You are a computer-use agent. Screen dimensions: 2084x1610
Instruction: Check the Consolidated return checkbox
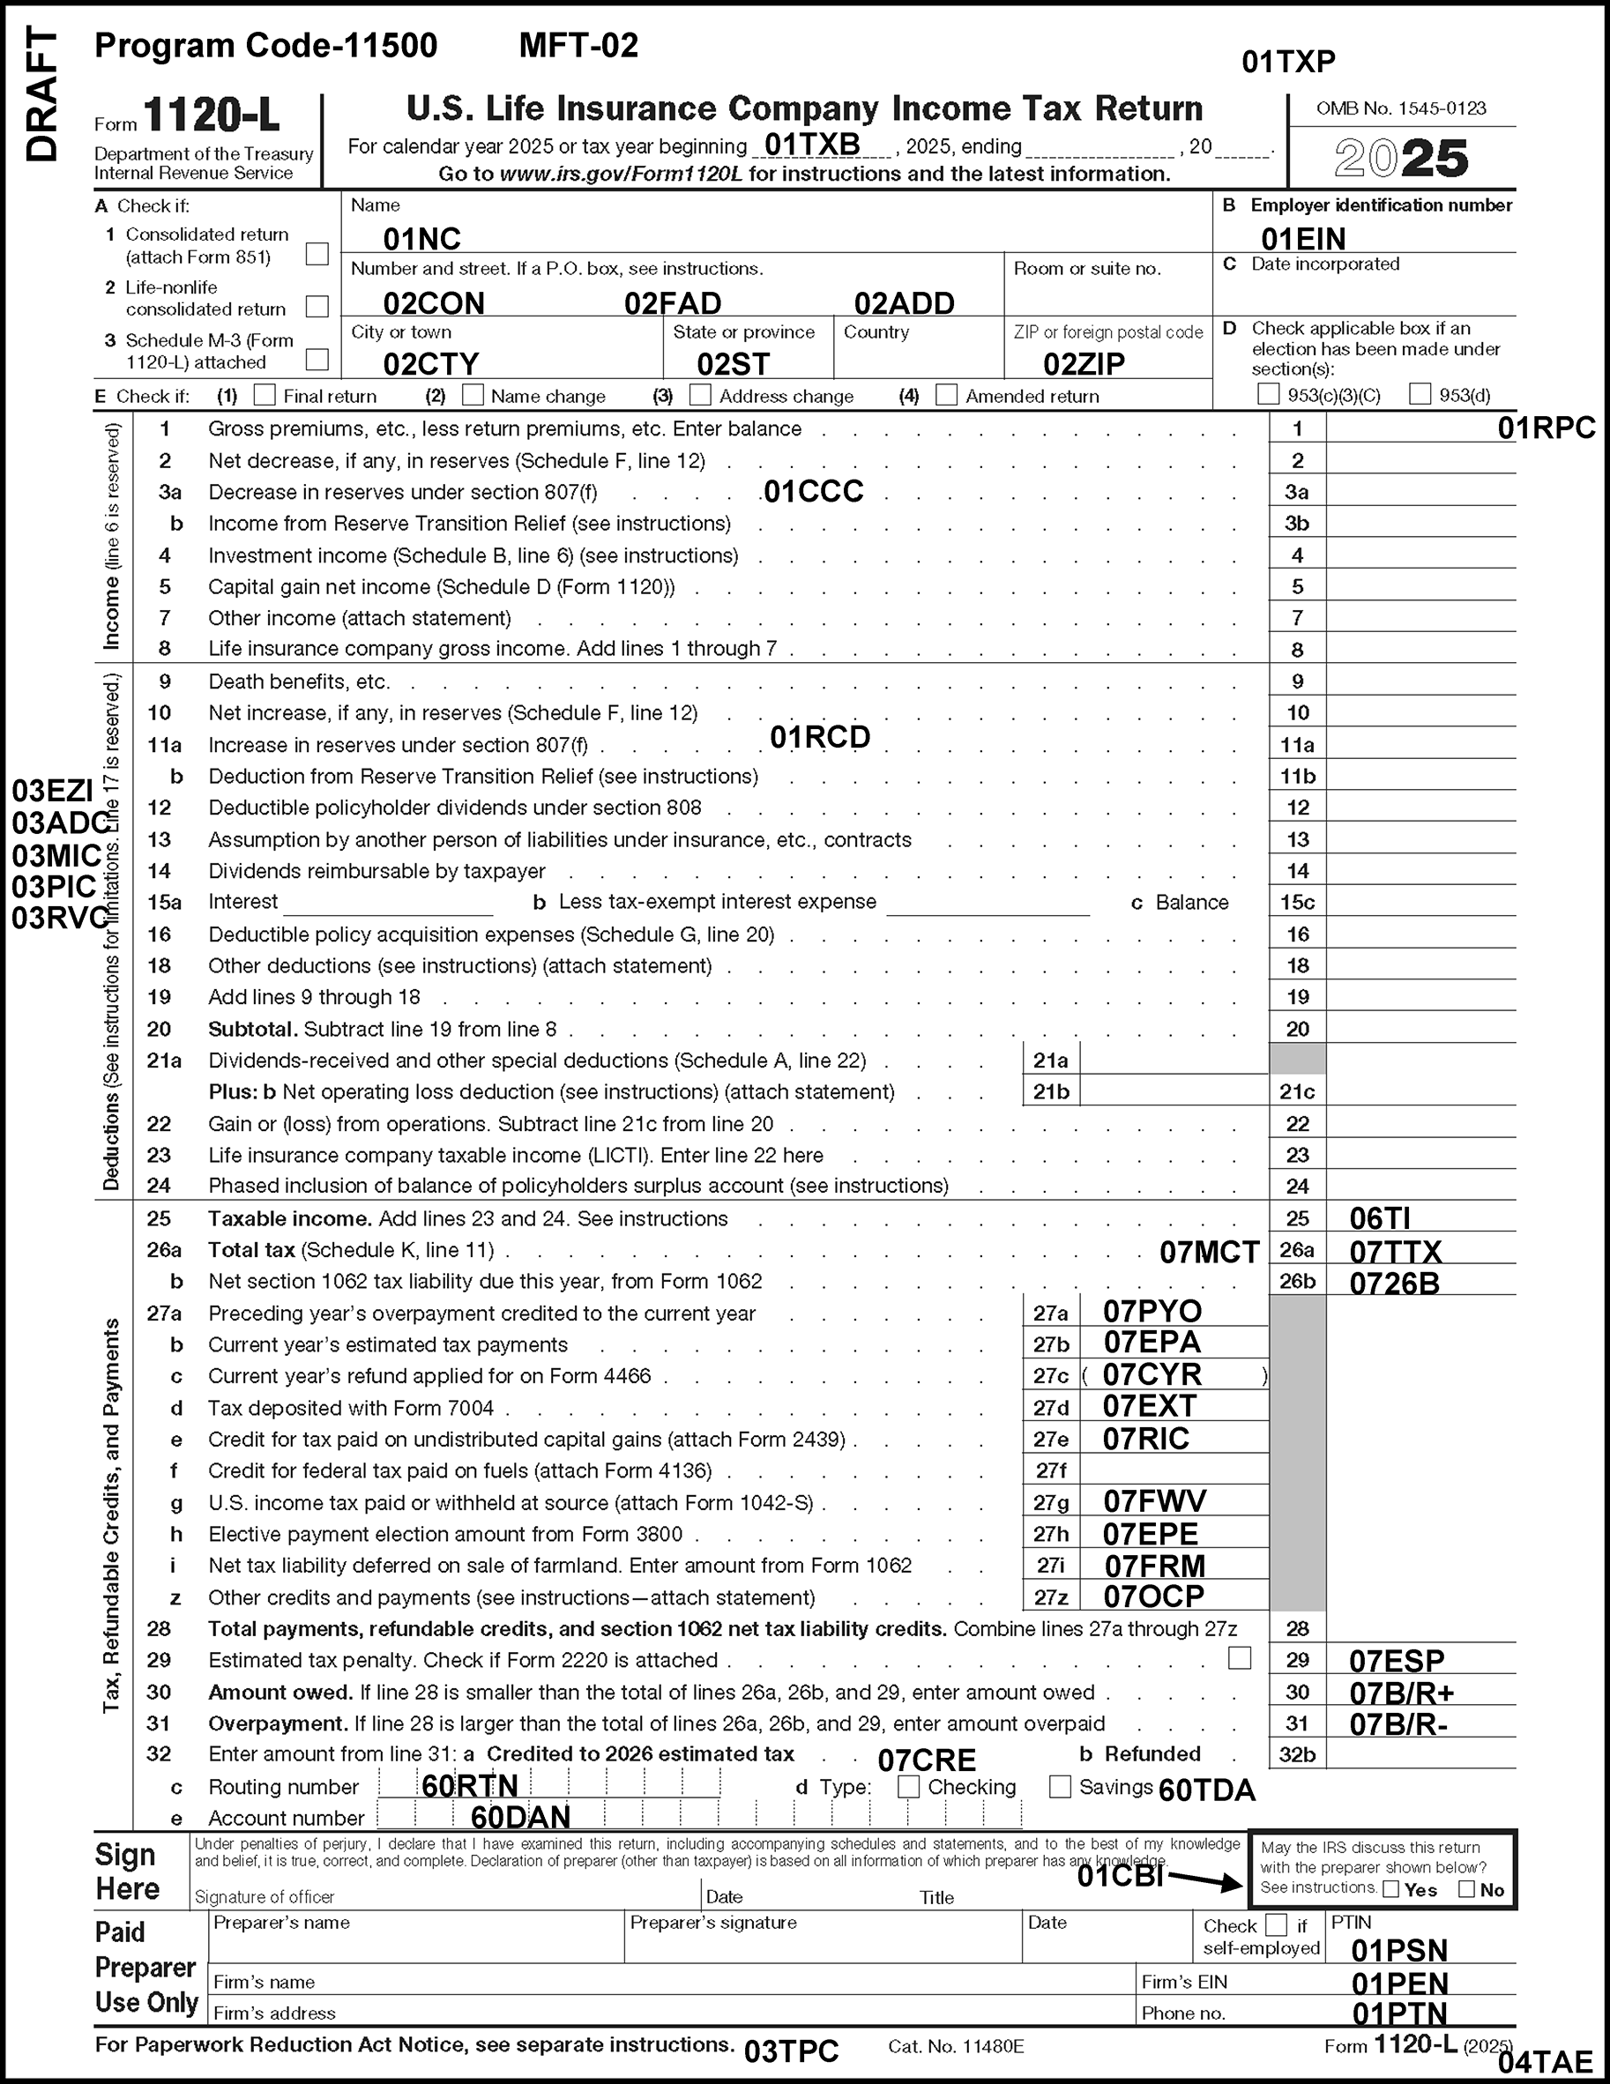(x=317, y=253)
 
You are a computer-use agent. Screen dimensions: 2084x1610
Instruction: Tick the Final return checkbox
(x=265, y=394)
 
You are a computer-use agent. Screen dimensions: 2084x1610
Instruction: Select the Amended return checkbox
(x=947, y=394)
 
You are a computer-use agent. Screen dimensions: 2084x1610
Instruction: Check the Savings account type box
(x=1059, y=1786)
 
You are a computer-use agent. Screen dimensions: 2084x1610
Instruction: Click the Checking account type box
(x=908, y=1786)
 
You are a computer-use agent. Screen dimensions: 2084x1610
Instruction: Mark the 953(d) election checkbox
(x=1420, y=393)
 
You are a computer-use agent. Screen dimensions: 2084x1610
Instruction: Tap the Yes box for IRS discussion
(x=1391, y=1888)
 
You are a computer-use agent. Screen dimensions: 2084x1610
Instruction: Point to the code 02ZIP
(x=1084, y=363)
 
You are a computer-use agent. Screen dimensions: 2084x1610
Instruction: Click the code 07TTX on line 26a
(x=1395, y=1251)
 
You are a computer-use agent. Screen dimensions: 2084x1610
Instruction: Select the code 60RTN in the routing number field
(x=470, y=1785)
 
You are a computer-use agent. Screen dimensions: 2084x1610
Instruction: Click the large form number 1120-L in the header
(x=211, y=116)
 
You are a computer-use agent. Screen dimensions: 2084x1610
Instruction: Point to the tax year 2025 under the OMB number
(x=1401, y=159)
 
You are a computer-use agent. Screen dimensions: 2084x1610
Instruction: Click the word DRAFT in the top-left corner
(x=41, y=94)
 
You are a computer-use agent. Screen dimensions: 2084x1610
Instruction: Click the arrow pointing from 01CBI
(x=1204, y=1879)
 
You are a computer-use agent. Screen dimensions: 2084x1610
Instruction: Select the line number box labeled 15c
(x=1297, y=902)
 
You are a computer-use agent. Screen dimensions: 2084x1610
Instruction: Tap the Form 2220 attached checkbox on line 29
(x=1239, y=1658)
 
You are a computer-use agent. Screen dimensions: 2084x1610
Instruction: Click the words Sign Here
(x=126, y=1872)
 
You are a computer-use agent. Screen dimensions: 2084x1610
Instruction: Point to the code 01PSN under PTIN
(x=1399, y=1949)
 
